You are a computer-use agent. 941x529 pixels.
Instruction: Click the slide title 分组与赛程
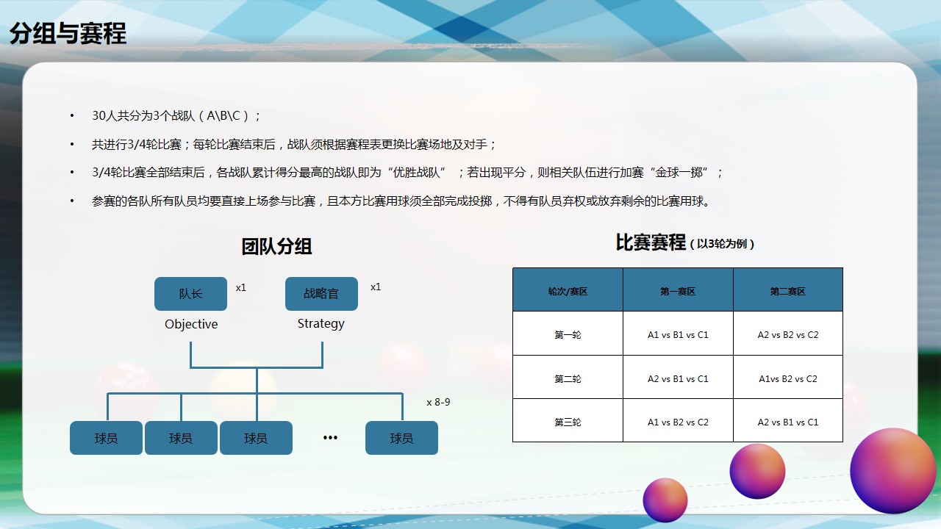[x=68, y=34]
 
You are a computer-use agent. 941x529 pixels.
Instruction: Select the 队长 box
[x=190, y=294]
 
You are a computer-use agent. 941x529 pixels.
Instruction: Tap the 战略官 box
[x=321, y=294]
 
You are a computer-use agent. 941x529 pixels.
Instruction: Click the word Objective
[x=191, y=324]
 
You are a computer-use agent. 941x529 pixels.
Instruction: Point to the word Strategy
[x=321, y=324]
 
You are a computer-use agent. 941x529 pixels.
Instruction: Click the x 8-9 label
[x=438, y=402]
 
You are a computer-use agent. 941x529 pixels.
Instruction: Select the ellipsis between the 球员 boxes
[x=330, y=438]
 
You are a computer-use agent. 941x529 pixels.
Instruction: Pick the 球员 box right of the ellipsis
[x=401, y=438]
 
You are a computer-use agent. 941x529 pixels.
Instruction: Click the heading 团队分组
[x=276, y=246]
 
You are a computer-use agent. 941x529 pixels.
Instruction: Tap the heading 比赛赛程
[x=651, y=242]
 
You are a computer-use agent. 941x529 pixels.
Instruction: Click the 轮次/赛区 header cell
[x=568, y=289]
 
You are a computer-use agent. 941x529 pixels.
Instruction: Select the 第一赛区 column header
[x=678, y=289]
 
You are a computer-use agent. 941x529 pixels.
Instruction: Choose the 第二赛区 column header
[x=788, y=289]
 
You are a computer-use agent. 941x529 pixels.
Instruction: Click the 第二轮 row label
[x=568, y=378]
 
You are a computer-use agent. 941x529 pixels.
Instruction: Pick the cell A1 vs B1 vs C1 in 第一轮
[x=678, y=334]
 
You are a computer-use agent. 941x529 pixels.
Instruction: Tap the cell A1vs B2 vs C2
[x=788, y=378]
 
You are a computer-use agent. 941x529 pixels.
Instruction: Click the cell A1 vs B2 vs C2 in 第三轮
[x=678, y=422]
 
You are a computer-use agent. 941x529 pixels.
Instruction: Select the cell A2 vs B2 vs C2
[x=788, y=334]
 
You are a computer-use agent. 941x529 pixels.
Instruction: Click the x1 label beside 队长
[x=240, y=287]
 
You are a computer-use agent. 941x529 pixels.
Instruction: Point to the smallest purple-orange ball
[x=665, y=500]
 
